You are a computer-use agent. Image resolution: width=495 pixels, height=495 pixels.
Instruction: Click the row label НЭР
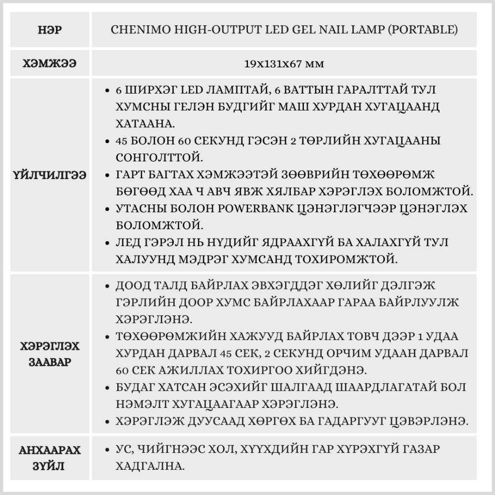click(x=49, y=30)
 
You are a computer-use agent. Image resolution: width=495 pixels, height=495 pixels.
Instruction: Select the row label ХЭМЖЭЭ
click(x=49, y=63)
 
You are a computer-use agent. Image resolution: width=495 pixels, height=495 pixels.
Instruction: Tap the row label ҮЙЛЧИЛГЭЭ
click(x=49, y=175)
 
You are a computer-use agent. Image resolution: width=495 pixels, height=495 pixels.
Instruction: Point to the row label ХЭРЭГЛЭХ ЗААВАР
click(x=49, y=353)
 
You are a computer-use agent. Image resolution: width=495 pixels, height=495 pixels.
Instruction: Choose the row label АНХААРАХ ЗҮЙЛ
click(x=49, y=458)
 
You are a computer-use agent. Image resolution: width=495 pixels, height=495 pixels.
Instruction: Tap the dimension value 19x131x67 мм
click(x=284, y=63)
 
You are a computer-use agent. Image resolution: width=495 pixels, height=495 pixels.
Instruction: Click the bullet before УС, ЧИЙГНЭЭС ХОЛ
click(x=107, y=450)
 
